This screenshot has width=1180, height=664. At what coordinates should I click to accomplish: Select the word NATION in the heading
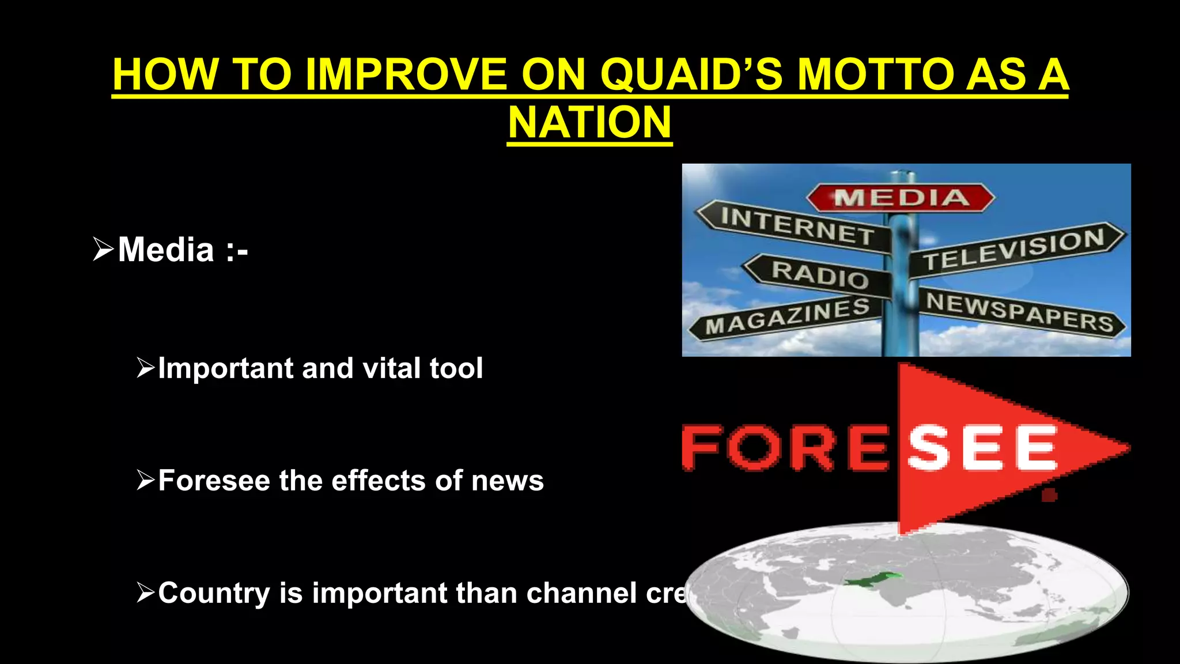(x=589, y=123)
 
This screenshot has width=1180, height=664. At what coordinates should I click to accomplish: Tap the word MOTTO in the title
(x=876, y=75)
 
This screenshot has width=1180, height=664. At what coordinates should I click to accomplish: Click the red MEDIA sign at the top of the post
(x=901, y=198)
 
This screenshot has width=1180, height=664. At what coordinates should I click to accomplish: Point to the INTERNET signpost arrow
(x=795, y=226)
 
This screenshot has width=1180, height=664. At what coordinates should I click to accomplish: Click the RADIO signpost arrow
(x=818, y=274)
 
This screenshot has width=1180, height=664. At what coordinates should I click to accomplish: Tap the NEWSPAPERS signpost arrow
(x=1020, y=312)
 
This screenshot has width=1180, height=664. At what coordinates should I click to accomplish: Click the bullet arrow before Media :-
(x=103, y=250)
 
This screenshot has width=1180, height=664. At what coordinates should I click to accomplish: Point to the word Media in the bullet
(x=166, y=250)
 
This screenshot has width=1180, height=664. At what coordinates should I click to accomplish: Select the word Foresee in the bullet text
(x=214, y=481)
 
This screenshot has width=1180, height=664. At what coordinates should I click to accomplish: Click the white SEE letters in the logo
(x=982, y=448)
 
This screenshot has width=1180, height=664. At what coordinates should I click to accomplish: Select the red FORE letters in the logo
(x=786, y=448)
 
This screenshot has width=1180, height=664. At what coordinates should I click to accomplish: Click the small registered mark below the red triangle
(x=1049, y=495)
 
